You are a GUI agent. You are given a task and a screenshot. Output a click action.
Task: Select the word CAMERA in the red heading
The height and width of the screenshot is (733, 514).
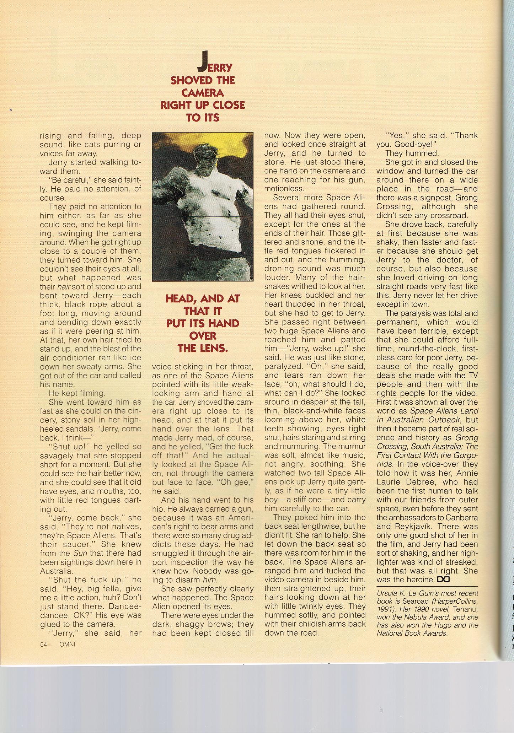[x=202, y=93]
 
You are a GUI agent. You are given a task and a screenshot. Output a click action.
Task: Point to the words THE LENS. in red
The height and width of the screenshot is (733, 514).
[x=203, y=348]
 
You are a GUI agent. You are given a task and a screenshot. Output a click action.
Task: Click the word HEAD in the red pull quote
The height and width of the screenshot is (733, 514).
[x=179, y=299]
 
